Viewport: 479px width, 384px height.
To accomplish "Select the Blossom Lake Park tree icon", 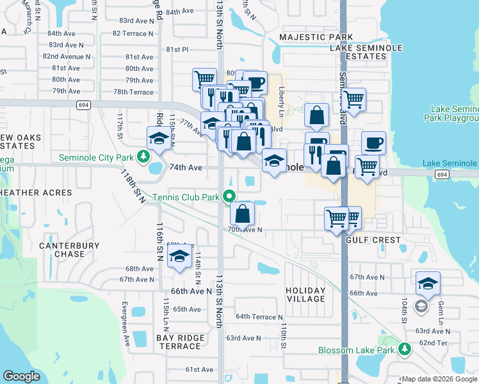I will [405, 349].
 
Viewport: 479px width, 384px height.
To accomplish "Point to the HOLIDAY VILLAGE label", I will [305, 295].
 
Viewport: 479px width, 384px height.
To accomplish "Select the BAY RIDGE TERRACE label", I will [180, 342].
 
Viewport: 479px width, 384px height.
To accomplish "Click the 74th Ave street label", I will [186, 168].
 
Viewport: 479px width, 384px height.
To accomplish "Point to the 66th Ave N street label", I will [191, 291].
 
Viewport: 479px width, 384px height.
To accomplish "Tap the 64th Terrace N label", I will [259, 317].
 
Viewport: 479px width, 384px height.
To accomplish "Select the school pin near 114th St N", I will [180, 256].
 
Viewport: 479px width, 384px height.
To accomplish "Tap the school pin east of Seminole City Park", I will [158, 138].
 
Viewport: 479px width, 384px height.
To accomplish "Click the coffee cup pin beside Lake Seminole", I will [374, 143].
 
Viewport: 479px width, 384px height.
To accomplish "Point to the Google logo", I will [22, 376].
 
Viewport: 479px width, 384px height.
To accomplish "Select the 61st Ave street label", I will [199, 369].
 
